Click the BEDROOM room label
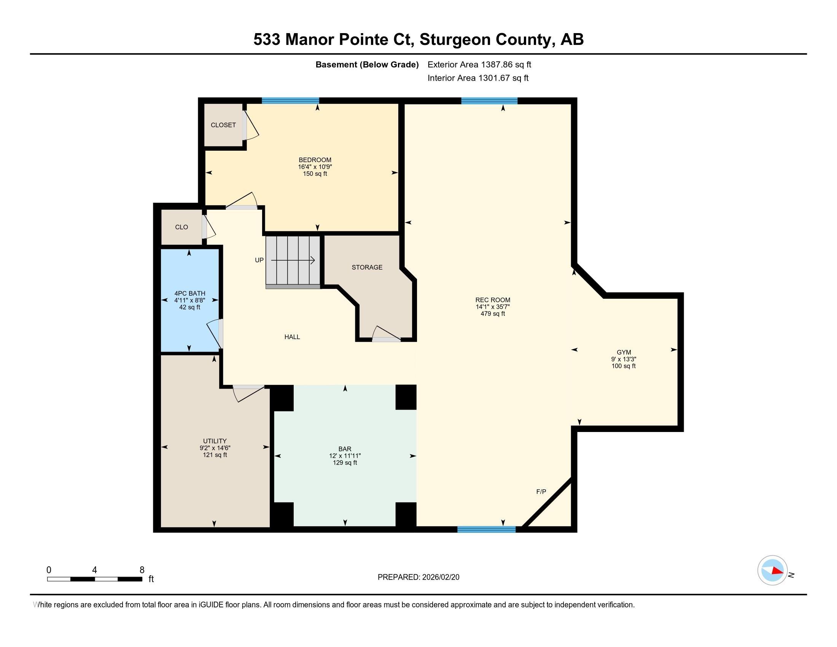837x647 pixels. tap(315, 160)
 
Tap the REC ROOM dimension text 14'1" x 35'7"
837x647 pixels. tap(492, 307)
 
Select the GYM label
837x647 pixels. tap(624, 352)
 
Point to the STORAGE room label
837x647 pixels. tap(367, 267)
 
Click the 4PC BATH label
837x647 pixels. tap(190, 293)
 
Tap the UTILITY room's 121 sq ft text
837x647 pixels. tap(215, 455)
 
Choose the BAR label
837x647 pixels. tap(345, 449)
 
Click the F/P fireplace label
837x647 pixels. tap(541, 491)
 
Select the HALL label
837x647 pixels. tap(292, 337)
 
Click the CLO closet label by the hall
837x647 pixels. tap(181, 227)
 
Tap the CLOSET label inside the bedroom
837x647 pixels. tap(223, 125)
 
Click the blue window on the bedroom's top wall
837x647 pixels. tap(290, 101)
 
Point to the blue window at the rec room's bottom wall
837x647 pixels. tap(486, 529)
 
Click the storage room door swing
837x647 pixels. tap(385, 334)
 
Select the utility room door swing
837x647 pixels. tap(247, 393)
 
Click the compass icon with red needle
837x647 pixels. tap(772, 570)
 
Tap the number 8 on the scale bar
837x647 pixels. tap(142, 570)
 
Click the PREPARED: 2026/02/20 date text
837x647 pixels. tap(418, 577)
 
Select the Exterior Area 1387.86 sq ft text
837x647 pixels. tap(479, 64)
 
